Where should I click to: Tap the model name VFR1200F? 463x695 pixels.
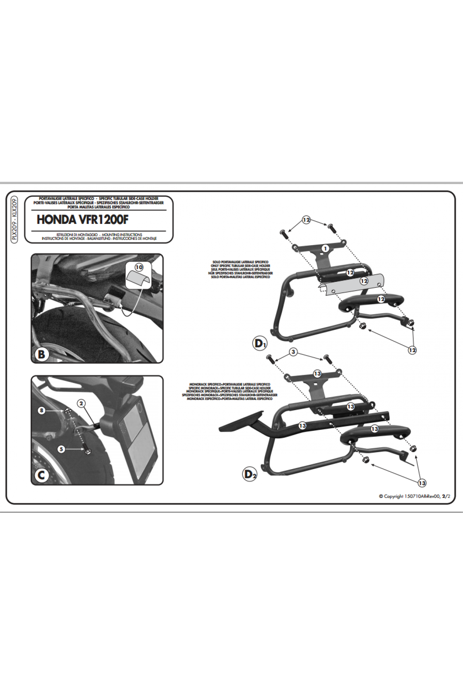103,220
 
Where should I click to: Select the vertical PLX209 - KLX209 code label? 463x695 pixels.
14,219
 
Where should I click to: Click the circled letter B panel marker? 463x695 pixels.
42,354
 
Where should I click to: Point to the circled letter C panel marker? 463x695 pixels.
41,475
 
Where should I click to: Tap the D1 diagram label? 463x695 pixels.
260,343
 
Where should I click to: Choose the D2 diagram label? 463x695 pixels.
250,474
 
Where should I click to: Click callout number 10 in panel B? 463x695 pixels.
139,267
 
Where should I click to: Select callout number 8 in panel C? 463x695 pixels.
42,410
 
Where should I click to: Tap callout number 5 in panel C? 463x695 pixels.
61,449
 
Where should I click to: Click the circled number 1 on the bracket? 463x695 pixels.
325,248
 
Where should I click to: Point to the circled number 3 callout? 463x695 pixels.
294,352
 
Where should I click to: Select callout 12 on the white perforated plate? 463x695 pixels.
364,281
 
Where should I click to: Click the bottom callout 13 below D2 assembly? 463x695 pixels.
422,483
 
